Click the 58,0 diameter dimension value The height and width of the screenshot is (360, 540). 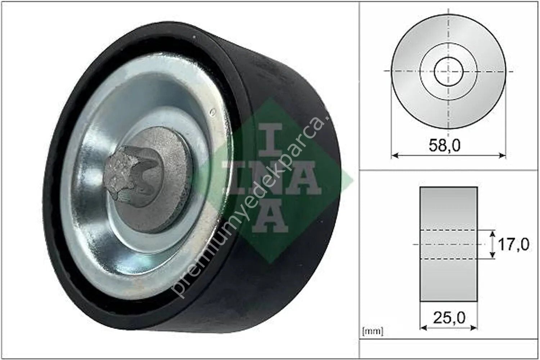tap(445, 145)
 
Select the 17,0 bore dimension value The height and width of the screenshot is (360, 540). tap(513, 245)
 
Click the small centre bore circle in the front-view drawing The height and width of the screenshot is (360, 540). tap(449, 71)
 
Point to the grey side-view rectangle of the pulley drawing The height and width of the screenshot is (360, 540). tap(449, 209)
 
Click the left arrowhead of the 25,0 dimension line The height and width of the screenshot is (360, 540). tap(423, 328)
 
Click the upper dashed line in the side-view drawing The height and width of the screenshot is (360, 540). tap(449, 230)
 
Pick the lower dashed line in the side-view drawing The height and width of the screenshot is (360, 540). tap(449, 259)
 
